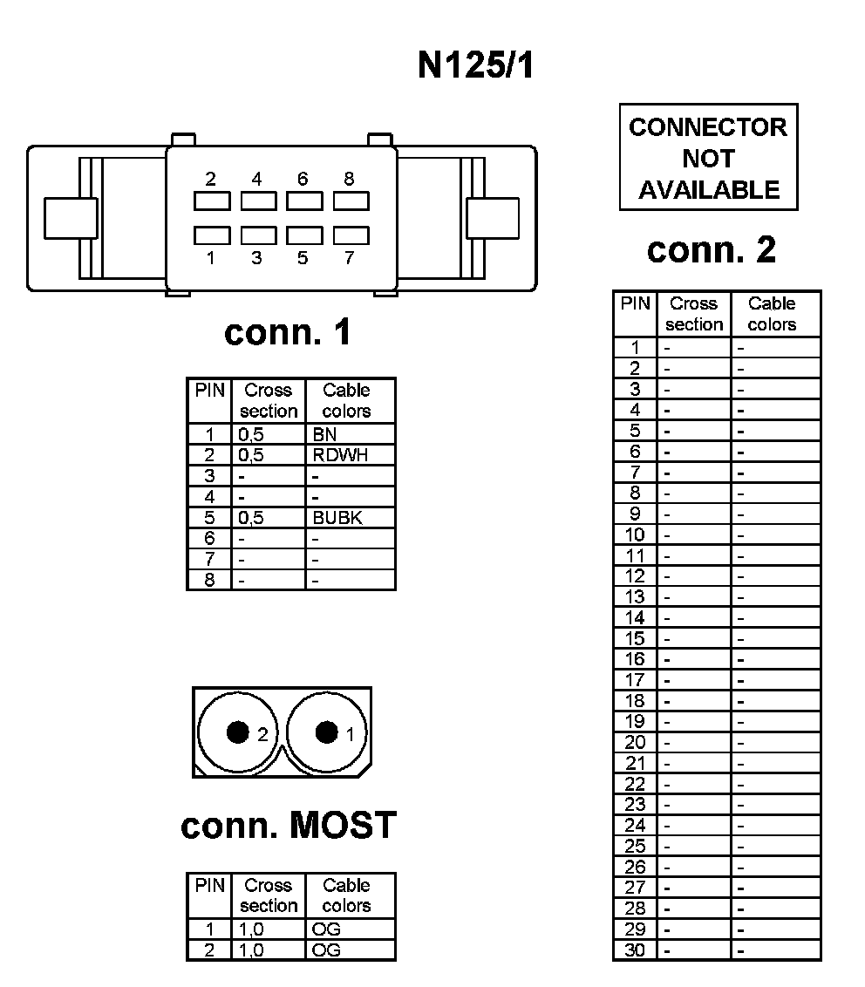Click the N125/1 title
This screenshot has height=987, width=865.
tap(475, 66)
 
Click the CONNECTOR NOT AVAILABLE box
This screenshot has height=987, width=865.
tap(708, 158)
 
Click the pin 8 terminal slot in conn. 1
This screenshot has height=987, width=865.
tap(351, 201)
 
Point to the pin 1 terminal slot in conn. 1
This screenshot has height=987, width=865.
tap(212, 235)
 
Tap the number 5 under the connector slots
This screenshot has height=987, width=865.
tap(303, 258)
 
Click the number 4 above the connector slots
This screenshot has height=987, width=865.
tap(256, 180)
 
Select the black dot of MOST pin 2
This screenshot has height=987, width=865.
tap(237, 732)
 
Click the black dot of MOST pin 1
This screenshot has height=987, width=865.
tap(326, 732)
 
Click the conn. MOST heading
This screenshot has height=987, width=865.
tap(289, 825)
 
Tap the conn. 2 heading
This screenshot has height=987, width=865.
tap(711, 250)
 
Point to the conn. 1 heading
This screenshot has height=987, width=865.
tap(288, 332)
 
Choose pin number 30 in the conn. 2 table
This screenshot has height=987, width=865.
tap(635, 950)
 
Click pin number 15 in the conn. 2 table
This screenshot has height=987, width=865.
tap(635, 638)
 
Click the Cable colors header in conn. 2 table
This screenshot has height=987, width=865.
tap(772, 314)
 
